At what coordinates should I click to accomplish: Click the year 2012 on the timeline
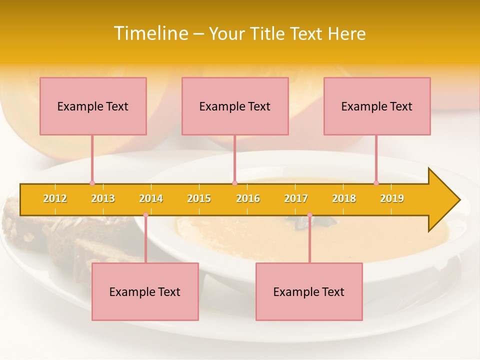(55, 198)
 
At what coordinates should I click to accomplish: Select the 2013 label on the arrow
(103, 198)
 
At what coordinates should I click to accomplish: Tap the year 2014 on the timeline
(151, 198)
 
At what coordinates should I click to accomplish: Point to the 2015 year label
(199, 198)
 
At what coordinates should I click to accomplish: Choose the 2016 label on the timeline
(248, 198)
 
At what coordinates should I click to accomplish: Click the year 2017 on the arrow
(296, 198)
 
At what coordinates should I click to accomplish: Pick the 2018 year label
(344, 198)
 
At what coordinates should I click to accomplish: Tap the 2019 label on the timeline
(392, 198)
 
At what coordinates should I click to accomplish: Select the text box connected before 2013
(93, 106)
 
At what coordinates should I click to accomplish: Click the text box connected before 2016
(235, 106)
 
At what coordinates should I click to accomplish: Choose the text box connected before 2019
(377, 106)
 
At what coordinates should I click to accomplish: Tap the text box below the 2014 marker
(145, 291)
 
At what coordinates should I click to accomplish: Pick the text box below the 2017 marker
(309, 291)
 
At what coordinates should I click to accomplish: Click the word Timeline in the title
(150, 33)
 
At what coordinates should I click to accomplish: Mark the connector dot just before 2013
(92, 183)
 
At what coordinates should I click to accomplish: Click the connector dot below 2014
(145, 215)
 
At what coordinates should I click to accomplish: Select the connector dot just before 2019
(376, 183)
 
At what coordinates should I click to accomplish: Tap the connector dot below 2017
(309, 215)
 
